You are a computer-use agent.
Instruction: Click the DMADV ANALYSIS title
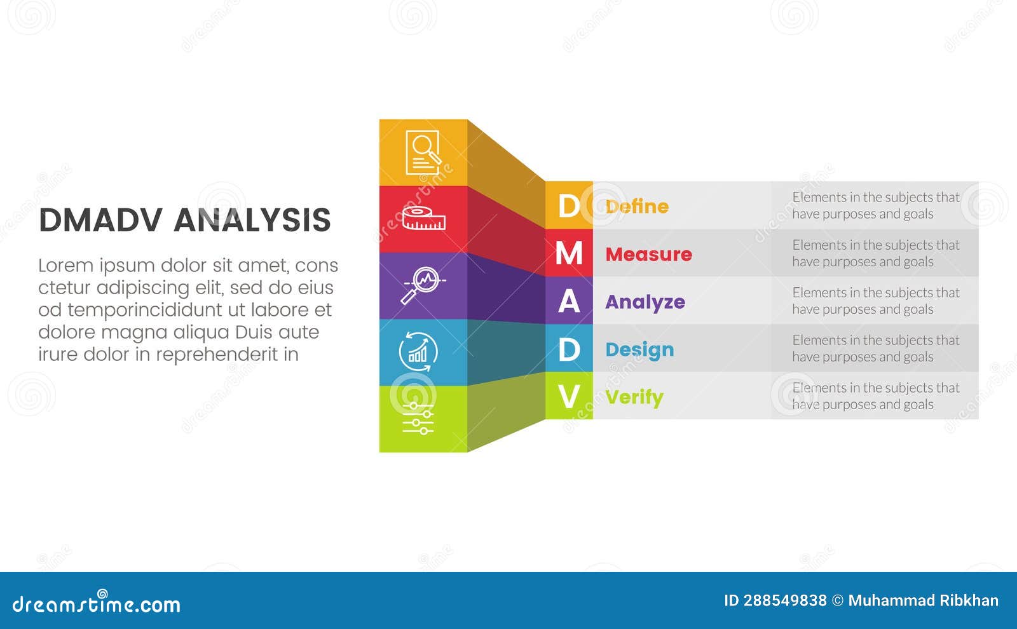184,220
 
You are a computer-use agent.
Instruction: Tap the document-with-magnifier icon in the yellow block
423,152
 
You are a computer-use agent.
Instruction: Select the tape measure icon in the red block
423,218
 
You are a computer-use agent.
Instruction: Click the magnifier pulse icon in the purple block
422,285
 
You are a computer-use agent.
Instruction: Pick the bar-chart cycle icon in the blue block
418,351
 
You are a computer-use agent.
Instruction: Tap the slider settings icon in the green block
418,418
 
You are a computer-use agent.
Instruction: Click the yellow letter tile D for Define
568,206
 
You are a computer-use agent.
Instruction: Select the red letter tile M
568,254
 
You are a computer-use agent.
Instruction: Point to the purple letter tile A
568,301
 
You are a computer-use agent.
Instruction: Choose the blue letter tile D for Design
568,349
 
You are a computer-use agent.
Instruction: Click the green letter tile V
568,396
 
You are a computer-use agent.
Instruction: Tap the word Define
637,206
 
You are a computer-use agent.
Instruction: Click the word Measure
648,254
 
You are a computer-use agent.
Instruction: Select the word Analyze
645,302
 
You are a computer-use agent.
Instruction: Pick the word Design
639,349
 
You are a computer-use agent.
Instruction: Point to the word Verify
634,397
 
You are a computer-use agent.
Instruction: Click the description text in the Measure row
875,254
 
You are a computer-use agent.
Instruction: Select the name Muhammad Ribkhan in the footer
923,600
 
